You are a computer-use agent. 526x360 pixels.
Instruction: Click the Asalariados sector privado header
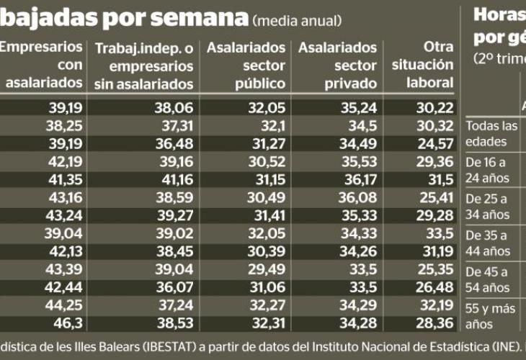[338, 65]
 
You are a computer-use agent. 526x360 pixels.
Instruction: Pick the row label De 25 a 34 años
[487, 206]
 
